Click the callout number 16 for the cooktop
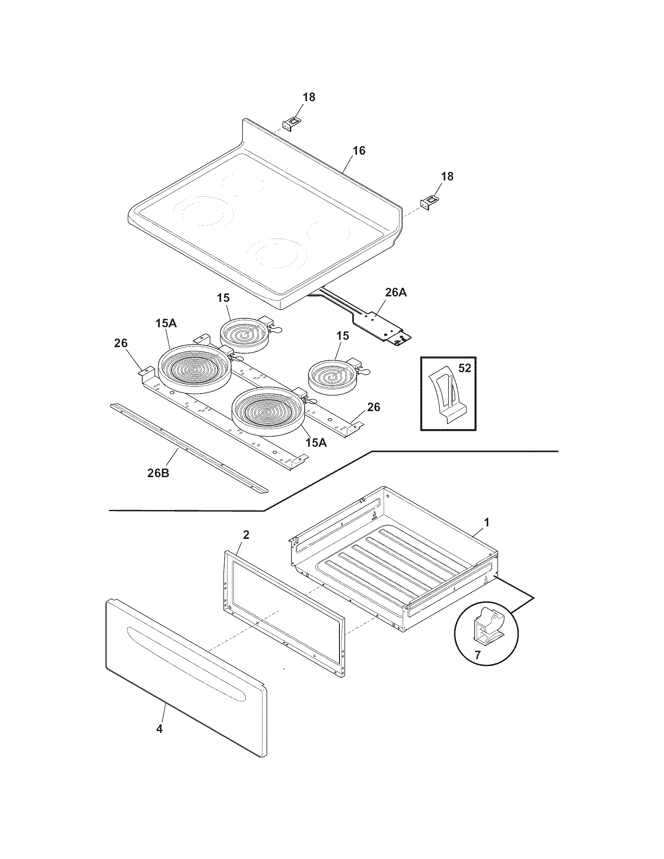pyautogui.click(x=358, y=151)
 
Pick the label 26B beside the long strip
pyautogui.click(x=158, y=473)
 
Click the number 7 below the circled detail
pyautogui.click(x=478, y=656)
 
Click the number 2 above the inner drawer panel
pyautogui.click(x=246, y=535)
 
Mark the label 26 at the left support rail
pyautogui.click(x=121, y=343)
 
